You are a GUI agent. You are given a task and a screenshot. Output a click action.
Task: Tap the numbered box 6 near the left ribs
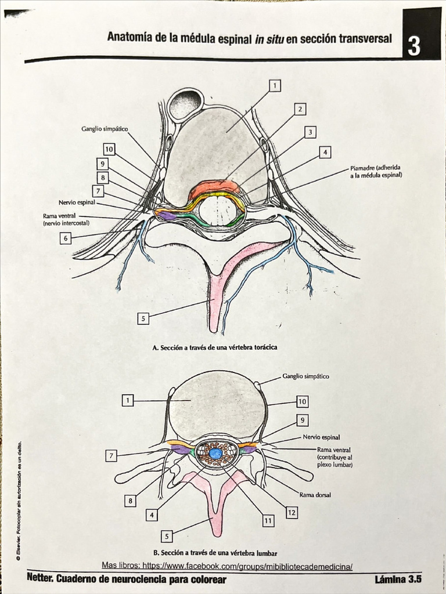click(x=66, y=238)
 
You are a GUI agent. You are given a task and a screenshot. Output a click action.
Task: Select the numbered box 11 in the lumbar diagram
click(x=268, y=521)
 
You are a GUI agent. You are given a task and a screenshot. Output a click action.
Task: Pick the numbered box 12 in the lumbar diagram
click(x=292, y=512)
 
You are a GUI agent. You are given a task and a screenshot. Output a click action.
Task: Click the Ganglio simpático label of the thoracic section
click(x=105, y=129)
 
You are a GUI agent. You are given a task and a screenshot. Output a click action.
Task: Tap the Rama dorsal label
click(x=315, y=495)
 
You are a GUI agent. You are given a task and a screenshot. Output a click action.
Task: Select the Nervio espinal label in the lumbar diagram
click(x=321, y=437)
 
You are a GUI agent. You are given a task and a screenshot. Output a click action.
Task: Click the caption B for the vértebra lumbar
click(x=215, y=553)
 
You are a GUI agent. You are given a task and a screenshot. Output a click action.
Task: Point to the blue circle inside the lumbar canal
click(x=215, y=454)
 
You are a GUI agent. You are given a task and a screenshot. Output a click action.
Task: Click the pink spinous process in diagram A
click(x=215, y=302)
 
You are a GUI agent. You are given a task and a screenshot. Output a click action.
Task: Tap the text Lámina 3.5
click(x=398, y=579)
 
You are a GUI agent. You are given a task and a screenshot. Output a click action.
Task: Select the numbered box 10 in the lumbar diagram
click(x=303, y=401)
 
